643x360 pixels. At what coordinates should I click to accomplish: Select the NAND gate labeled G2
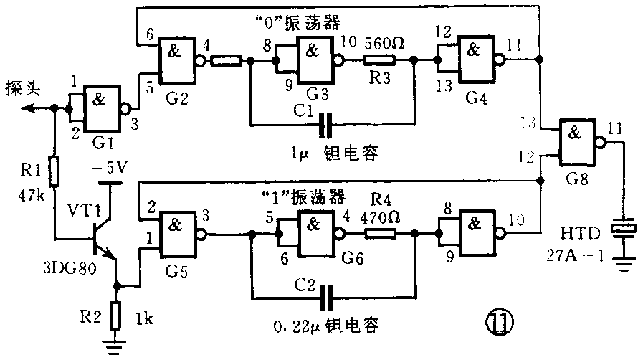point(179,60)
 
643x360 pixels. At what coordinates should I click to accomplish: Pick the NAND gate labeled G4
point(472,60)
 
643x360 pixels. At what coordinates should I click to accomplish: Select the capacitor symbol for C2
point(328,295)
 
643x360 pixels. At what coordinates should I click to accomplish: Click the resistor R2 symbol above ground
point(116,314)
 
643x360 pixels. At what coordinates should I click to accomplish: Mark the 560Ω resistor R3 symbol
point(383,61)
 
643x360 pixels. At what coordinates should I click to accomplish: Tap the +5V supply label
point(109,169)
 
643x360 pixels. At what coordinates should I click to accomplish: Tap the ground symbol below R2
point(116,345)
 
